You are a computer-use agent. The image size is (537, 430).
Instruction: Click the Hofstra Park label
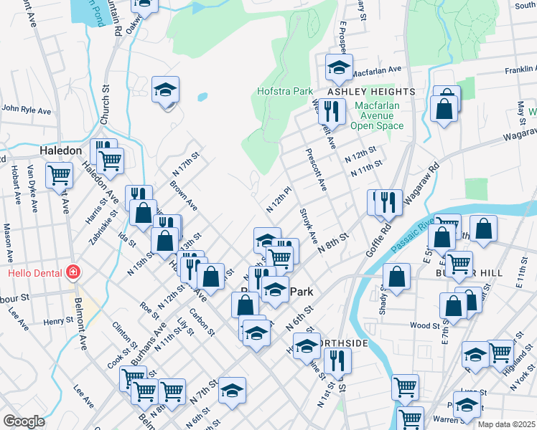(x=285, y=92)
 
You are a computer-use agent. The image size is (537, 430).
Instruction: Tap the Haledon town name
(x=61, y=151)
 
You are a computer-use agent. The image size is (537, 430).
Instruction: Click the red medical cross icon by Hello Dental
(x=72, y=272)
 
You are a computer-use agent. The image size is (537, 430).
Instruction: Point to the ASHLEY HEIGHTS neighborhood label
(x=371, y=92)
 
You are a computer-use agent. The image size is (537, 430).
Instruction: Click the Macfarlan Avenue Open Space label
(x=377, y=115)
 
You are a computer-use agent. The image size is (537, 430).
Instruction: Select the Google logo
(x=24, y=421)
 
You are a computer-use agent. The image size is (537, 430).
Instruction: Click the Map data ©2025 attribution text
(x=506, y=424)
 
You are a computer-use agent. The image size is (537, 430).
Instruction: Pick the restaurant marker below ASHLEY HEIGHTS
(x=331, y=111)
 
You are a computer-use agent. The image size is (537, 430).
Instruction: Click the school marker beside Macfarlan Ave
(x=339, y=68)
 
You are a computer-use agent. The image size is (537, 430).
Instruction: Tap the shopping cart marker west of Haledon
(x=59, y=174)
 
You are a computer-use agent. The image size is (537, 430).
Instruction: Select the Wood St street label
(x=419, y=325)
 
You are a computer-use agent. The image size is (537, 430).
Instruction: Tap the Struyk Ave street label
(x=307, y=226)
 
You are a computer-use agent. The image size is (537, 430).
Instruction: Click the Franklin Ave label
(x=520, y=70)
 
